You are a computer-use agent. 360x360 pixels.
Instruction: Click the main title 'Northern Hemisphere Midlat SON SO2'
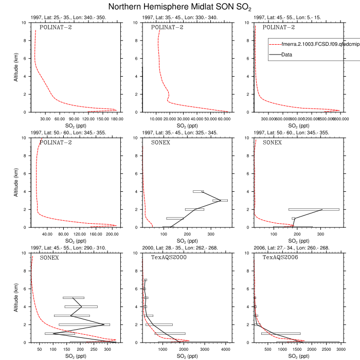(x=179, y=7)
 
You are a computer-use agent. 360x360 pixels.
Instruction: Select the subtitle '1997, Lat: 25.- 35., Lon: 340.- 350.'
(x=68, y=17)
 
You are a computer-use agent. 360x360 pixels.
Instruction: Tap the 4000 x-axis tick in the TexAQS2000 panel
(x=225, y=348)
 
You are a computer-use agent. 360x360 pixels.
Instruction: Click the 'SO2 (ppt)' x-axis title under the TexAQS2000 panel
(x=184, y=355)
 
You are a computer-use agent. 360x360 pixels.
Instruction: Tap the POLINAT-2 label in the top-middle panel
(x=167, y=27)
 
